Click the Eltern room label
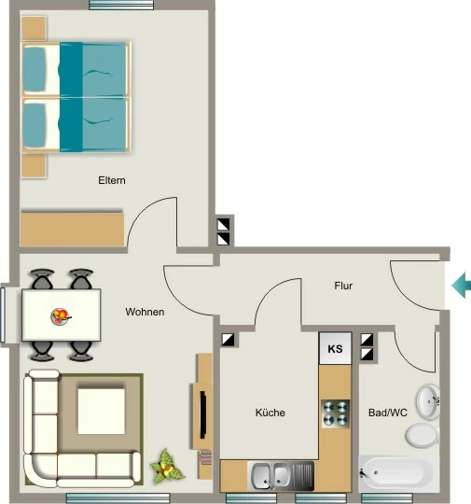pos(112,180)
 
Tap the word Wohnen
pos(145,312)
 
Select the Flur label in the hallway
pos(343,286)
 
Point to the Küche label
pos(270,413)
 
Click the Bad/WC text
pos(388,413)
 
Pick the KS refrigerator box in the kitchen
pos(335,348)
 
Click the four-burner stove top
pos(336,413)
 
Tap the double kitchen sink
pos(281,476)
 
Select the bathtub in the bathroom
pos(395,473)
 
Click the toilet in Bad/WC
pos(423,435)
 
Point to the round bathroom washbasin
pos(428,401)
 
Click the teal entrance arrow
pos(462,285)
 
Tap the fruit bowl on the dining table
pos(61,316)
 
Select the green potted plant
pos(166,467)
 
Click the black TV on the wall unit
pos(203,414)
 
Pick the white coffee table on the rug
pos(102,412)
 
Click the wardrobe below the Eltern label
pos(72,229)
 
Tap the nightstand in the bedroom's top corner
pos(34,28)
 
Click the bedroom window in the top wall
pos(121,6)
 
